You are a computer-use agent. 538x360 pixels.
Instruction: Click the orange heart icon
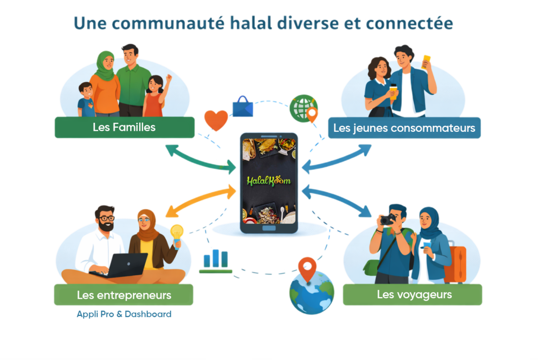(x=216, y=120)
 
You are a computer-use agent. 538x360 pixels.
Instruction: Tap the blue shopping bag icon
(x=243, y=107)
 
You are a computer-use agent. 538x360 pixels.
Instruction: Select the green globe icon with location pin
(x=303, y=109)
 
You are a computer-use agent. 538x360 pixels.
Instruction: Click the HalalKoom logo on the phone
(x=268, y=181)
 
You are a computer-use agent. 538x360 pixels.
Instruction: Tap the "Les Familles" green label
(x=125, y=127)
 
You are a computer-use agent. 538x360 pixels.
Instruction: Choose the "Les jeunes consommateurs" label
(x=404, y=128)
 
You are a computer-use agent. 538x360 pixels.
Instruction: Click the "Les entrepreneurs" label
(x=124, y=295)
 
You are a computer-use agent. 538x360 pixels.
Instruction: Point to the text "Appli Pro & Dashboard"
(x=124, y=314)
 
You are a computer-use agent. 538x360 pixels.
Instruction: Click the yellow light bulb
(x=177, y=235)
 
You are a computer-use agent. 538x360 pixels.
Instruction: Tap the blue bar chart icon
(x=215, y=261)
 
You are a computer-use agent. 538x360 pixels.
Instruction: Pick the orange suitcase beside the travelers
(x=455, y=263)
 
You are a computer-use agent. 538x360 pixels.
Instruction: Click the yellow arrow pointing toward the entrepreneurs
(x=201, y=200)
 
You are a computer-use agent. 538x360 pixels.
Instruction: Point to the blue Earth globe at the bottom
(x=312, y=292)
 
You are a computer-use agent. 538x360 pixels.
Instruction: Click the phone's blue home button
(x=269, y=228)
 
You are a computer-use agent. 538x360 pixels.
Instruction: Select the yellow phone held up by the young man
(x=426, y=62)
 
